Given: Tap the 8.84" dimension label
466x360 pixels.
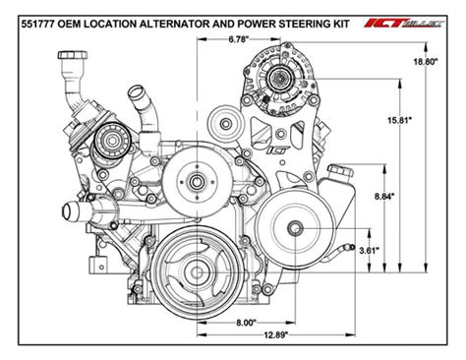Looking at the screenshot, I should tap(384, 197).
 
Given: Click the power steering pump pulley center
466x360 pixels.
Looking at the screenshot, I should tap(293, 229).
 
